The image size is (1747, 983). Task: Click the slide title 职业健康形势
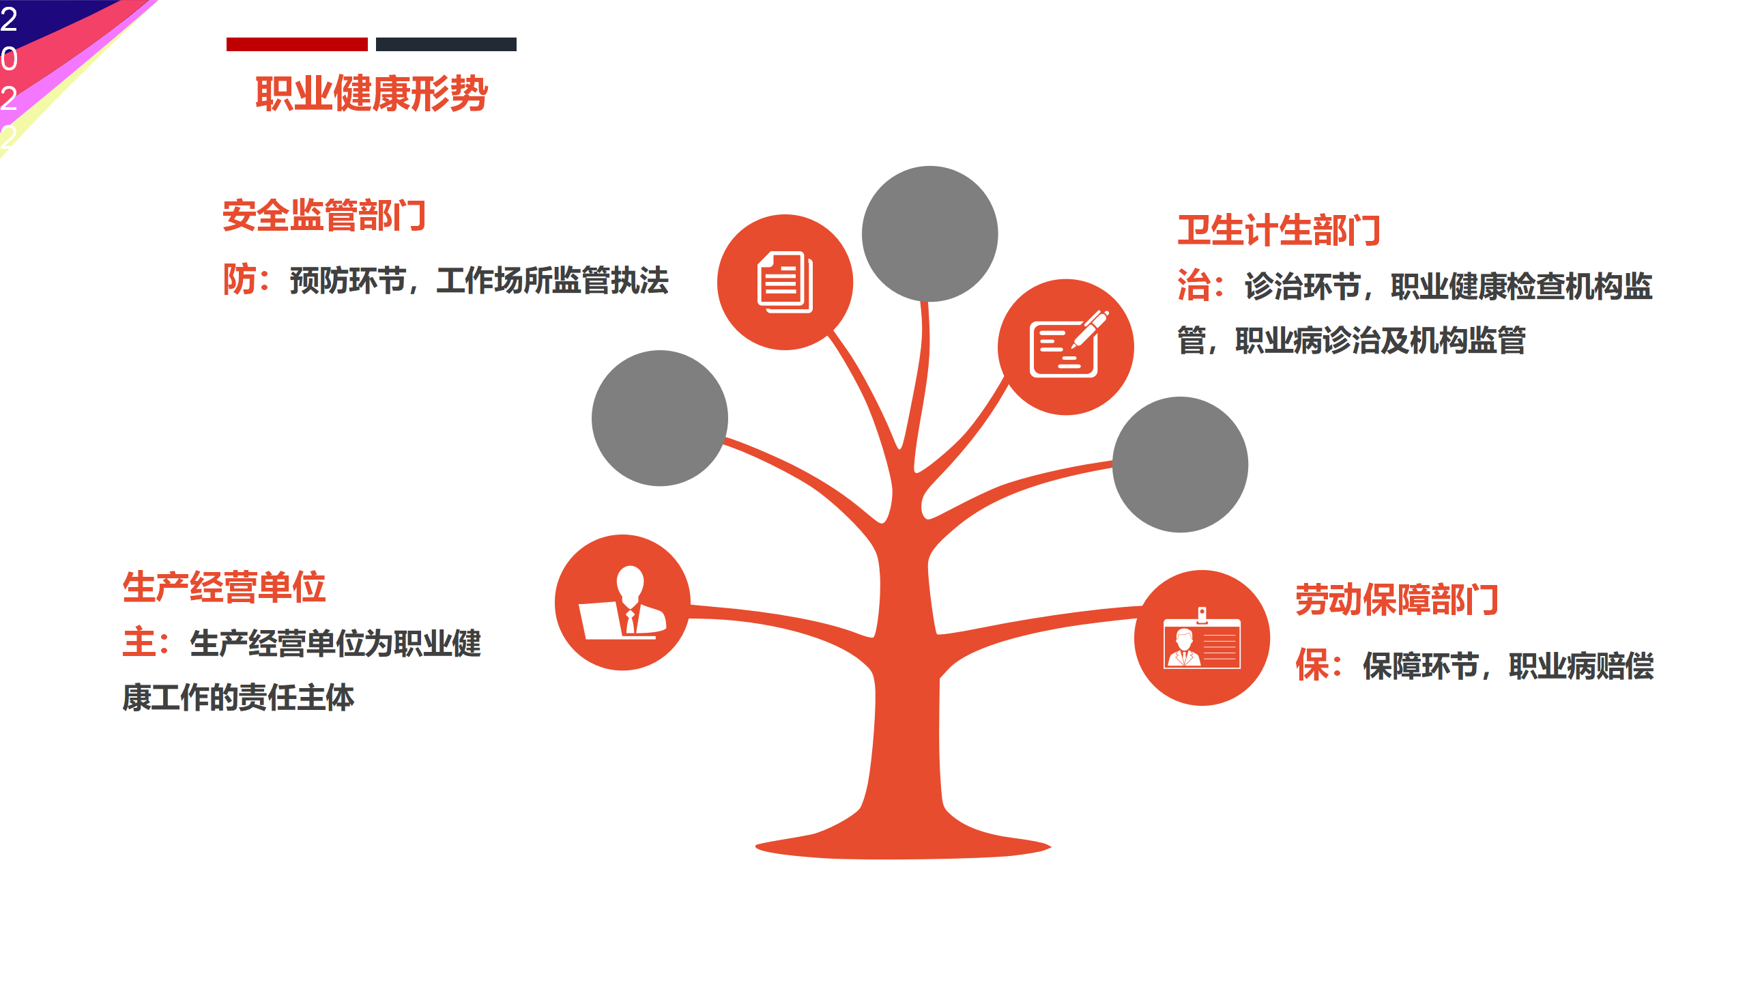(371, 94)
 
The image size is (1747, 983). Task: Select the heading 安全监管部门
(325, 216)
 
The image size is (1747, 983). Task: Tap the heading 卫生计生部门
(1280, 230)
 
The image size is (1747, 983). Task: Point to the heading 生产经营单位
(225, 587)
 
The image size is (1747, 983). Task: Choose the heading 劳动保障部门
(1397, 600)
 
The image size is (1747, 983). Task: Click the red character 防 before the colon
(240, 280)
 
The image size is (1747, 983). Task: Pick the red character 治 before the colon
(1194, 285)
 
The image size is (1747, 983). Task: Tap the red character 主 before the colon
(139, 643)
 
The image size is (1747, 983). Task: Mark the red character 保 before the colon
(1312, 666)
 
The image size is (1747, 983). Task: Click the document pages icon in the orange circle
(785, 282)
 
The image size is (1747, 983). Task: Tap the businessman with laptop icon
(622, 603)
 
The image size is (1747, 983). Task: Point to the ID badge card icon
(1202, 638)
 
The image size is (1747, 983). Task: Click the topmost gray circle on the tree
(929, 233)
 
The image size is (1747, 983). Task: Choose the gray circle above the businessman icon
(660, 418)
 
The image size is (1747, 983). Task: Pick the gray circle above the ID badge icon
(1180, 464)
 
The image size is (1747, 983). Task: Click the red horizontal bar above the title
(297, 44)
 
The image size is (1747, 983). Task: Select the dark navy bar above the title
(446, 44)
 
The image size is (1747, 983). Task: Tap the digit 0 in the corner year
(9, 59)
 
